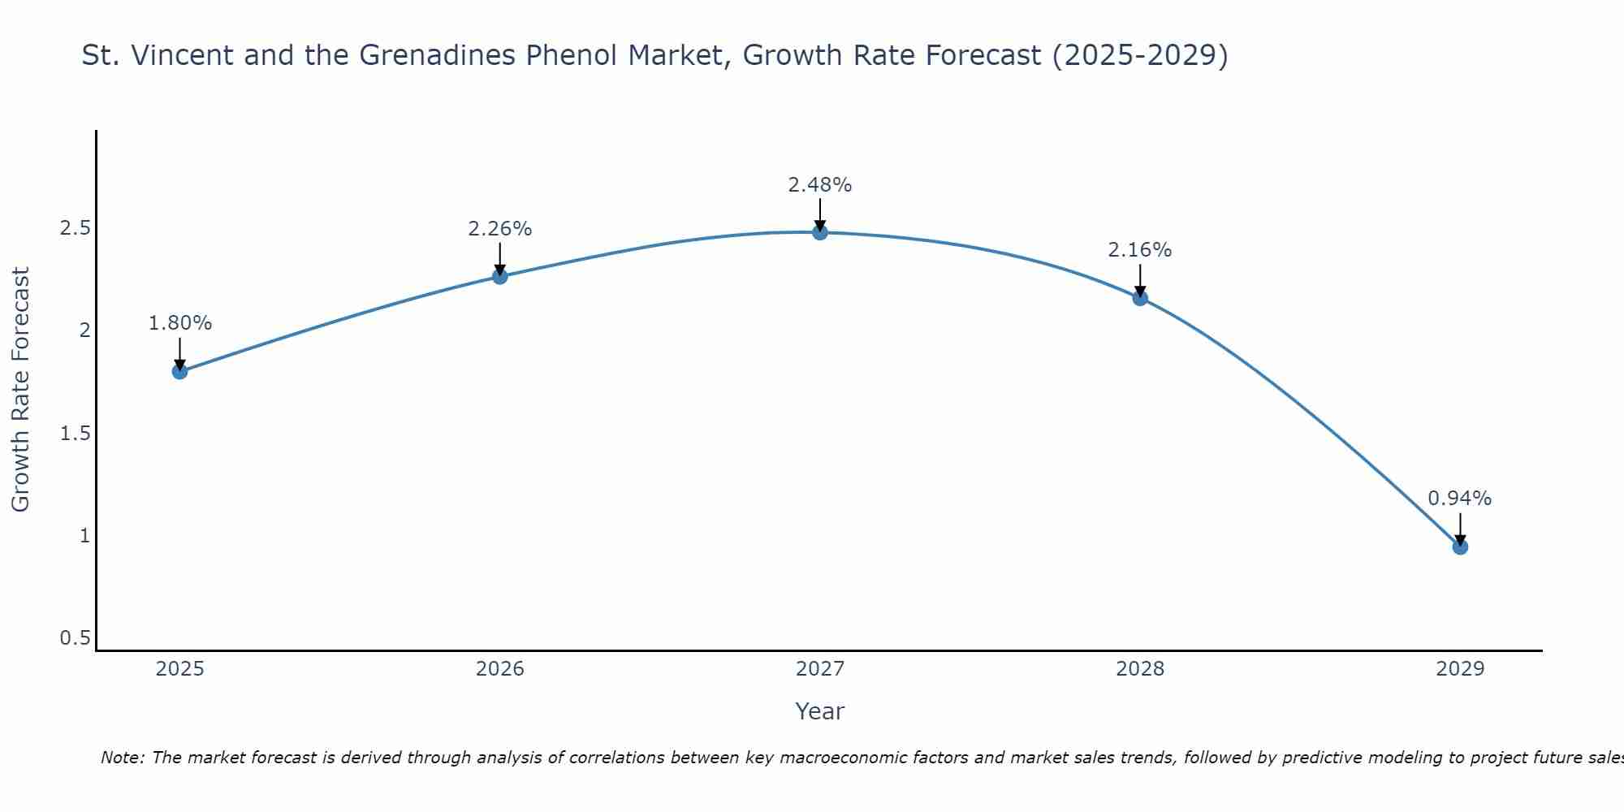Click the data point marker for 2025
click(179, 372)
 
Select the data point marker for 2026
click(500, 277)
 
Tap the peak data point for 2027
click(820, 232)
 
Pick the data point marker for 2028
click(1140, 298)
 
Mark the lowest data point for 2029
click(1460, 547)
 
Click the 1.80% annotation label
click(179, 323)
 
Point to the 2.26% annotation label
click(500, 229)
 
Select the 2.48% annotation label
click(820, 185)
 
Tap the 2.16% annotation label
click(1140, 250)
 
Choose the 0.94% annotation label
click(1460, 499)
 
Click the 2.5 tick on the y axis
click(75, 228)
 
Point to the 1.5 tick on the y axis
click(75, 434)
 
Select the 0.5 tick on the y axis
click(75, 638)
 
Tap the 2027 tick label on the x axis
click(820, 669)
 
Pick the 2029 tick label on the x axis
click(1460, 669)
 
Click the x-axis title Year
click(820, 711)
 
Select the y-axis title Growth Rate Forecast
click(21, 390)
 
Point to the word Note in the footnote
click(121, 758)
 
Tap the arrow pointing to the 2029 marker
click(1460, 528)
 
